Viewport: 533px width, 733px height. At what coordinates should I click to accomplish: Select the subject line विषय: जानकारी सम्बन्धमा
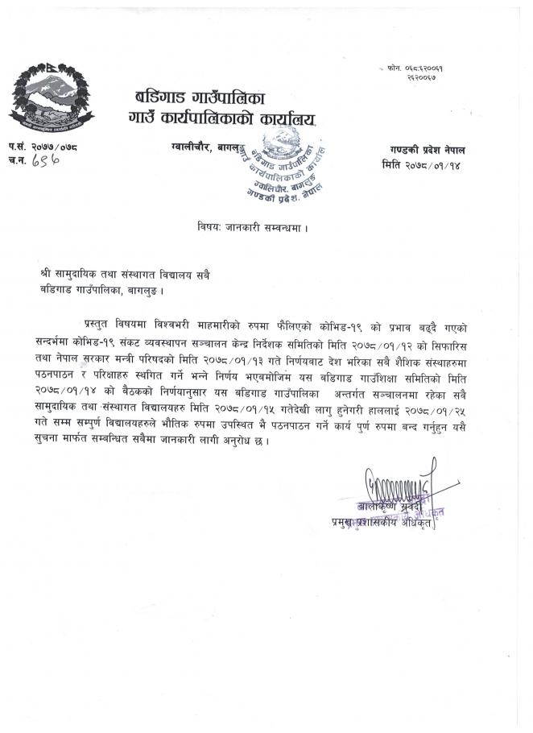[x=252, y=228]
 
